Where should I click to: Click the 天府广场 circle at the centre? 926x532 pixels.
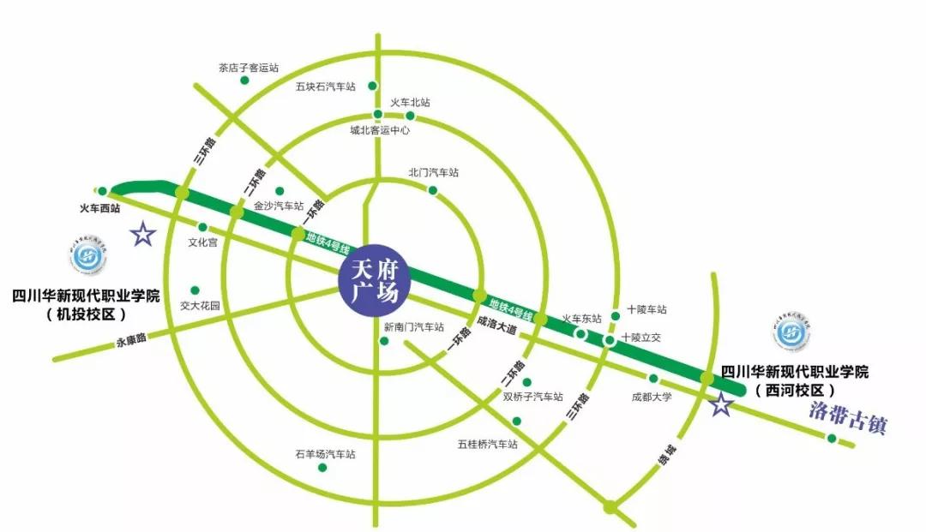pyautogui.click(x=376, y=280)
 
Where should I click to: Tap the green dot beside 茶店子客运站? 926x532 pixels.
pyautogui.click(x=244, y=81)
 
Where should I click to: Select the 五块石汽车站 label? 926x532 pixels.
pyautogui.click(x=325, y=87)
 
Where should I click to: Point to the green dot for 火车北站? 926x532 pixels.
pyautogui.click(x=411, y=116)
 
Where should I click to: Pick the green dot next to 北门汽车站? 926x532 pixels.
pyautogui.click(x=433, y=190)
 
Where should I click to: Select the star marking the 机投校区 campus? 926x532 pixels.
pyautogui.click(x=143, y=233)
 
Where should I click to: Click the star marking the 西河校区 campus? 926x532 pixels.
pyautogui.click(x=722, y=405)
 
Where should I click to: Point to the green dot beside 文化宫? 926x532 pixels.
pyautogui.click(x=203, y=227)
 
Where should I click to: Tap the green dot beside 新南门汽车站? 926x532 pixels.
pyautogui.click(x=384, y=341)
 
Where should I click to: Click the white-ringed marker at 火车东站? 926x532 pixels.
pyautogui.click(x=580, y=334)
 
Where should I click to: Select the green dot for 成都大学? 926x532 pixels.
pyautogui.click(x=653, y=379)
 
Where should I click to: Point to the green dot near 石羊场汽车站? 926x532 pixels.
pyautogui.click(x=322, y=468)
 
